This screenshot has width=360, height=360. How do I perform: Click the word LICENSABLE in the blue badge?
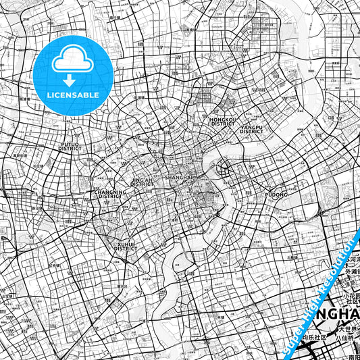click(x=73, y=95)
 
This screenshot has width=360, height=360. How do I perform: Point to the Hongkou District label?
click(x=222, y=121)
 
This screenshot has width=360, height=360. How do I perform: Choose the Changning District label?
click(x=109, y=194)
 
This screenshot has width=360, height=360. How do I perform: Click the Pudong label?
click(x=276, y=195)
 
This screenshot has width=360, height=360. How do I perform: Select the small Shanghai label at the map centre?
click(x=180, y=178)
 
